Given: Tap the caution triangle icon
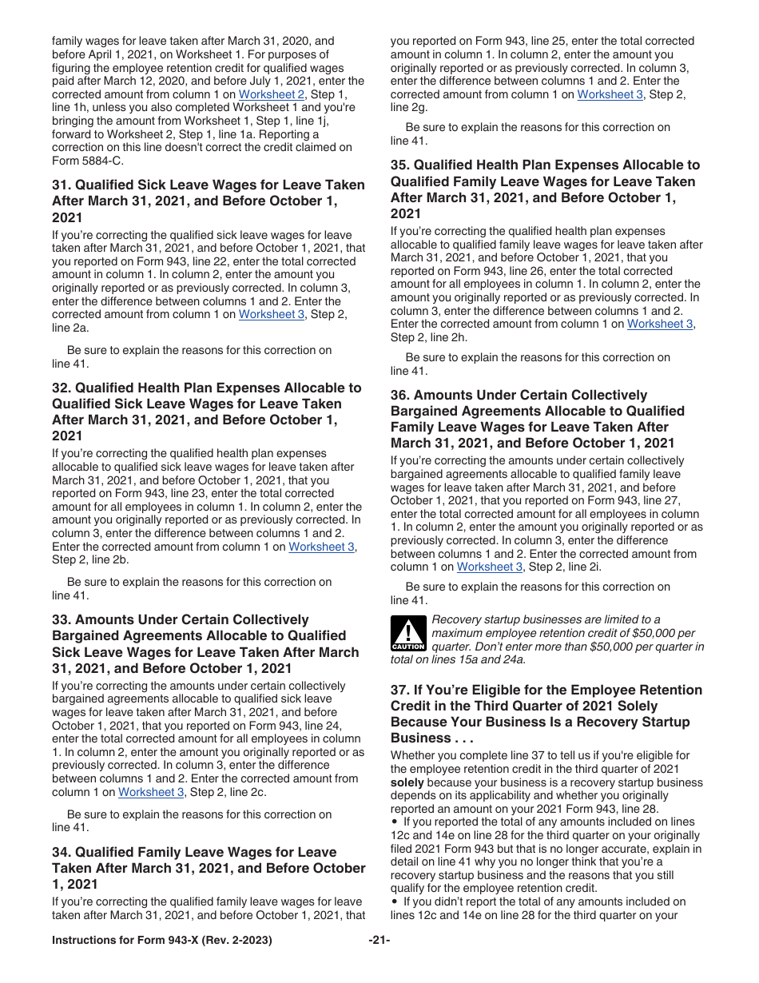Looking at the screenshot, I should coord(408,633).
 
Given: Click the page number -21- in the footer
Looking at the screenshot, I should coord(379,941).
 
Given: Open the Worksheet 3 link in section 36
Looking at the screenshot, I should coord(490,567).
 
